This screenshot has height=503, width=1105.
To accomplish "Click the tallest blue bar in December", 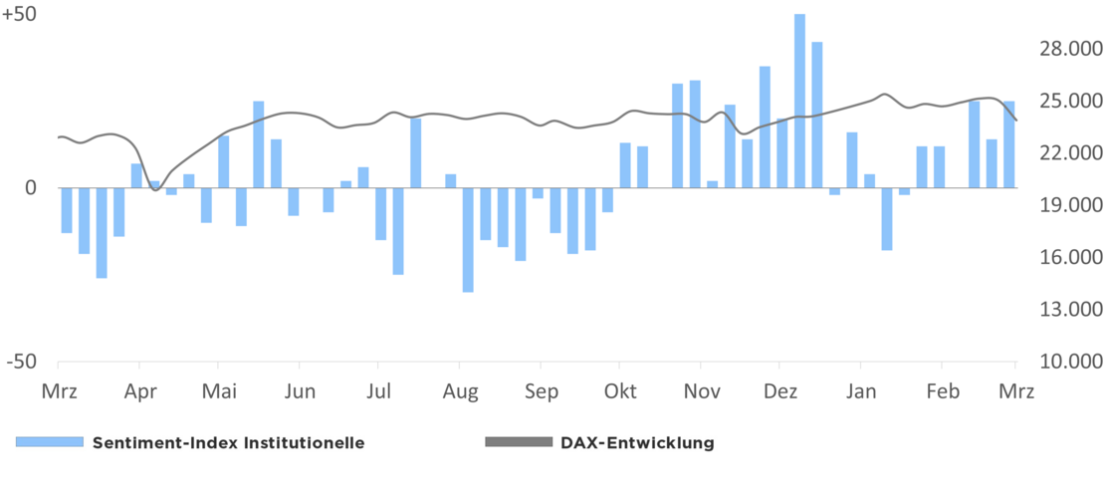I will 799,100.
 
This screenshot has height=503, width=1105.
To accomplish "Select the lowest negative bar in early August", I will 468,239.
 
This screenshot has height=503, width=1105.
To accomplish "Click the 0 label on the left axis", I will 30,187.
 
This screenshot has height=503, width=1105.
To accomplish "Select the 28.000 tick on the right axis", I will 1069,50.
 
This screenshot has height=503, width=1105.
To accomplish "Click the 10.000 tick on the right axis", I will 1069,362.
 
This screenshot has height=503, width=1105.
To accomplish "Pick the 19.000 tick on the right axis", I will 1069,205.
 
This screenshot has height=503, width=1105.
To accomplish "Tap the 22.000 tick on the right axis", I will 1069,153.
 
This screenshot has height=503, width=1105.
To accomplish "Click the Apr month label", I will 140,391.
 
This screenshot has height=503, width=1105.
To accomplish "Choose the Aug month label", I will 460,391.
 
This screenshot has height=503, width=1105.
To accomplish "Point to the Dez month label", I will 780,391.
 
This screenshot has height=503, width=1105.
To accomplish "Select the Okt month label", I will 620,391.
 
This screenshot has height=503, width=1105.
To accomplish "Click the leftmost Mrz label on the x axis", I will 59,391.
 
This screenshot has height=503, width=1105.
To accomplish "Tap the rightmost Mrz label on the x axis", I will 1016,391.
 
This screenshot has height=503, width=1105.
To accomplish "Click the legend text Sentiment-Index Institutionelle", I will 228,443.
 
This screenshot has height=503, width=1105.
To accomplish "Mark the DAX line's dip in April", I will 155,188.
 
